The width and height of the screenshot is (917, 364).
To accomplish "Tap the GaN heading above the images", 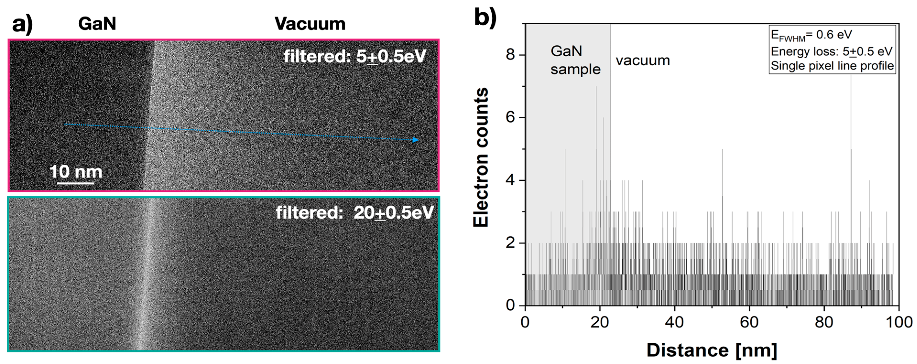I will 97,24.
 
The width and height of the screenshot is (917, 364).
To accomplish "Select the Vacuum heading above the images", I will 310,24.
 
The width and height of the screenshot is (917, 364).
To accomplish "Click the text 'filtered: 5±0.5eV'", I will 355,56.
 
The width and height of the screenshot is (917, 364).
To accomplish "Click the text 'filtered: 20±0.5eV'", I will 355,213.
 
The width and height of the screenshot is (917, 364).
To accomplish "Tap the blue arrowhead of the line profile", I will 415,140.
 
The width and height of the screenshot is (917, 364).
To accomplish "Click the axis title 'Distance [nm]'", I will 712,350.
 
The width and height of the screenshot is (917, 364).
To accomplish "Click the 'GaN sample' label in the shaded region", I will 575,60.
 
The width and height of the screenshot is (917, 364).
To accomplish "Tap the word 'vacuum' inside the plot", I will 643,60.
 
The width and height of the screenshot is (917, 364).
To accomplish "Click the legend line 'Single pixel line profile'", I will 832,66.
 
